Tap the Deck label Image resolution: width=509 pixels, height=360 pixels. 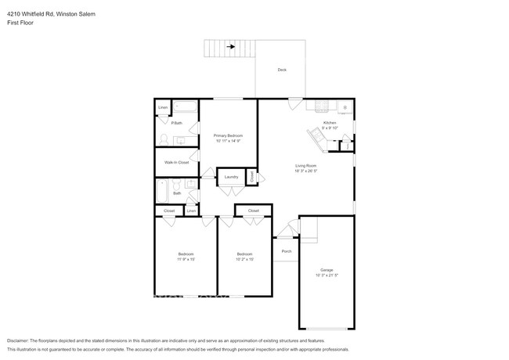click(x=282, y=70)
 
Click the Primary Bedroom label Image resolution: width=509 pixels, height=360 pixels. click(x=229, y=136)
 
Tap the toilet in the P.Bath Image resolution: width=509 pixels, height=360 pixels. click(x=164, y=139)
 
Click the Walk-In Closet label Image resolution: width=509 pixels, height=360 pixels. click(x=176, y=162)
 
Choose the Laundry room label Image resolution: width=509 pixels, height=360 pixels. click(x=231, y=177)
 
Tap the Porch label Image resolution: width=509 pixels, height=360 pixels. click(x=287, y=251)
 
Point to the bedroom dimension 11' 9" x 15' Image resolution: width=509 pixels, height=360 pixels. click(x=186, y=258)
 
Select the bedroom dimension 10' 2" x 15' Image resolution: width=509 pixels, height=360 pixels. click(x=245, y=258)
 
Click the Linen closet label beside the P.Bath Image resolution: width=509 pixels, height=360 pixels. click(x=163, y=107)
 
